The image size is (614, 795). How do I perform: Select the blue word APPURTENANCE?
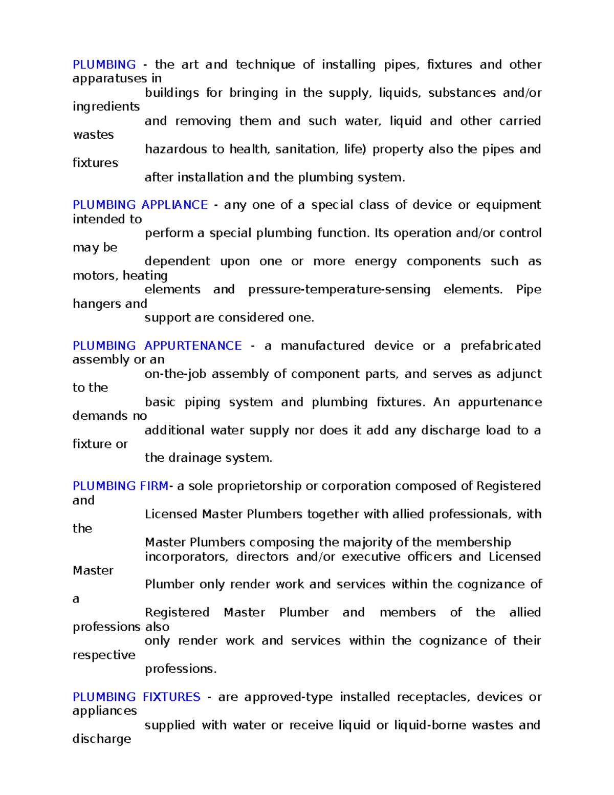[x=193, y=346]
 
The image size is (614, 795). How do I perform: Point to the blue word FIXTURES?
[x=171, y=697]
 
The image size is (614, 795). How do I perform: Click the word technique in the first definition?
[x=265, y=65]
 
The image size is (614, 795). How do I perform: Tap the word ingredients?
[x=106, y=106]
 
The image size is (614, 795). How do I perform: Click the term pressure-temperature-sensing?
[x=339, y=289]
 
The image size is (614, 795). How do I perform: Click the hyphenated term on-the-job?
[x=176, y=374]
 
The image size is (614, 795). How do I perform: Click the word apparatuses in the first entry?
[x=110, y=78]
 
